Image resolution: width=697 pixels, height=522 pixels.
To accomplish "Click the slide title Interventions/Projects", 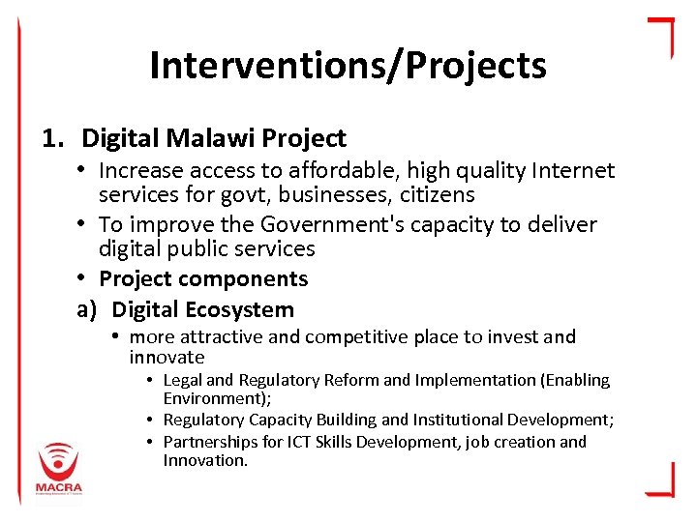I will [x=348, y=66].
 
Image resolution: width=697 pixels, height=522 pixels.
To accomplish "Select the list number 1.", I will [x=50, y=139].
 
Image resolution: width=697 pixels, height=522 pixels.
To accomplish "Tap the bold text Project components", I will [x=203, y=279].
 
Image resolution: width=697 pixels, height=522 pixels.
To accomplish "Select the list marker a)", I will [x=88, y=310].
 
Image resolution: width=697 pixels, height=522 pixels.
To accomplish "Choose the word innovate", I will [x=167, y=358].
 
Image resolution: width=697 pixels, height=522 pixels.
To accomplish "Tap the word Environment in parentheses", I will [x=204, y=398].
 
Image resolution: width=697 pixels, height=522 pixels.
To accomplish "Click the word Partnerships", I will [x=210, y=443].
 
